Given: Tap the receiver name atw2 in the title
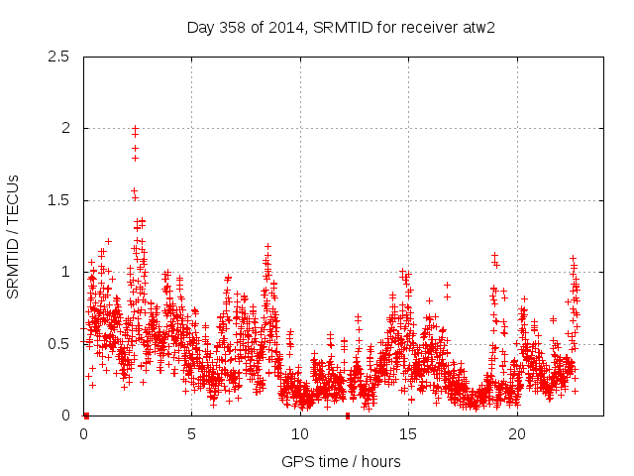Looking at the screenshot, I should click(477, 27).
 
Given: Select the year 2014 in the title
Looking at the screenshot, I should click(288, 27).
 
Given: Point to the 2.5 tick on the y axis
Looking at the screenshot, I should click(59, 57).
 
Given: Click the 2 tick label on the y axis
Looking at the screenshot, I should click(65, 128).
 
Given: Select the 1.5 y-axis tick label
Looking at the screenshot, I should click(59, 200).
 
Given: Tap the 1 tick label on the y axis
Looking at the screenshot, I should click(65, 272).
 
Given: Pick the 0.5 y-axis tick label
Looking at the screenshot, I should click(59, 343).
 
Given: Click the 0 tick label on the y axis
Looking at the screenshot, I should click(65, 416).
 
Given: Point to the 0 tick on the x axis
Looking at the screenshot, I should click(83, 434).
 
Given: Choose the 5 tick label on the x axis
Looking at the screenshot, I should click(191, 434).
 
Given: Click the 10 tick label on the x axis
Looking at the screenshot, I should click(300, 434).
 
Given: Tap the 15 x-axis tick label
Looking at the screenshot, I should click(408, 434).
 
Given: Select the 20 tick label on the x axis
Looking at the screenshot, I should click(517, 434).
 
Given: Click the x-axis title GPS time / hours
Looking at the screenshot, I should click(342, 461).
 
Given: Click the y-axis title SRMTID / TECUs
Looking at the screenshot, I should click(14, 236).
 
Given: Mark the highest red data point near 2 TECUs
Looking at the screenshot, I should click(135, 129).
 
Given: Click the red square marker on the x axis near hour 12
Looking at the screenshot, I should click(348, 416).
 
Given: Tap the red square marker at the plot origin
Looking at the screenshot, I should click(86, 416).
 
